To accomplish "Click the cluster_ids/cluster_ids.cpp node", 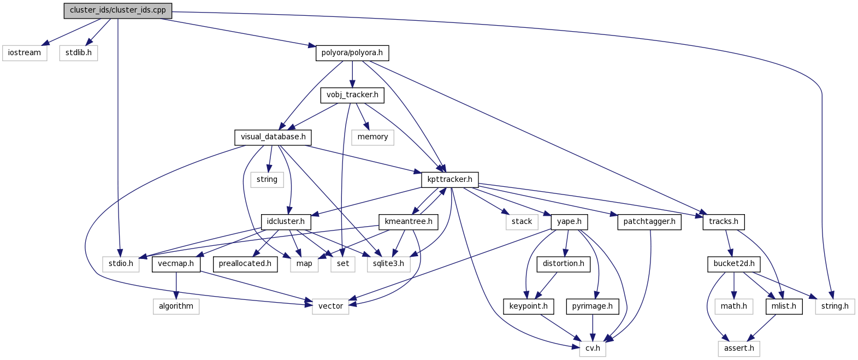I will coord(117,10).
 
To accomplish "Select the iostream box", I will coord(25,53).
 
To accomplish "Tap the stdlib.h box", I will coord(79,53).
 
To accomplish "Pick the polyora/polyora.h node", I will coord(352,53).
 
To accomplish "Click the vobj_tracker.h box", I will coord(352,95).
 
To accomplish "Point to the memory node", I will coord(372,137).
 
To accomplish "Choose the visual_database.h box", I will coord(273,137).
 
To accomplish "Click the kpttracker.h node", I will coord(450,179).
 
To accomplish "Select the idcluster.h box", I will coord(286,222).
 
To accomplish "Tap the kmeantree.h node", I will coord(409,222).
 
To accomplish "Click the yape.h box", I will coord(570,222).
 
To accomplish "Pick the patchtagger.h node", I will coord(649,222).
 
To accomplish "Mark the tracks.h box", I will coord(724,222).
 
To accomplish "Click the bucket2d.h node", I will coord(734,264).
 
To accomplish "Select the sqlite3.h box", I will coord(389,264).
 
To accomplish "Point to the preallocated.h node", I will coord(245,264).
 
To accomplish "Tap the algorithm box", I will coord(176,306).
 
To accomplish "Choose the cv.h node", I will coord(593,349).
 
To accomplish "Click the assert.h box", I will coord(739,349).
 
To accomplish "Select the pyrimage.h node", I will coord(593,306).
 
